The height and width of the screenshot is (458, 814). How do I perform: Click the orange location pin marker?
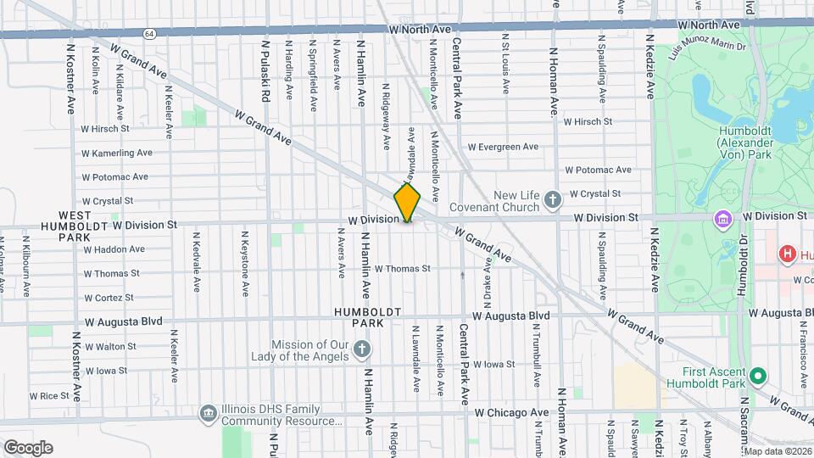[x=408, y=202]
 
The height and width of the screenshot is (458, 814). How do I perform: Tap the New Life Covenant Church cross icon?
[x=553, y=200]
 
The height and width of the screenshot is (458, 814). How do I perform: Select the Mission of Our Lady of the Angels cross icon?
[x=362, y=349]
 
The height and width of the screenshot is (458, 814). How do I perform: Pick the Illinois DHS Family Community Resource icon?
[x=208, y=413]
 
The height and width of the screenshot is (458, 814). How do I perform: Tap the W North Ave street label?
[x=421, y=29]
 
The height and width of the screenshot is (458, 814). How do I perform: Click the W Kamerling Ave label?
[x=116, y=153]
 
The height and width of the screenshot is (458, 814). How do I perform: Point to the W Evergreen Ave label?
[x=503, y=147]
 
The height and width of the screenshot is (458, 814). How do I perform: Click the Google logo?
[x=28, y=447]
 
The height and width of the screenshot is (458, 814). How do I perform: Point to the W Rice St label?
[x=49, y=395]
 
